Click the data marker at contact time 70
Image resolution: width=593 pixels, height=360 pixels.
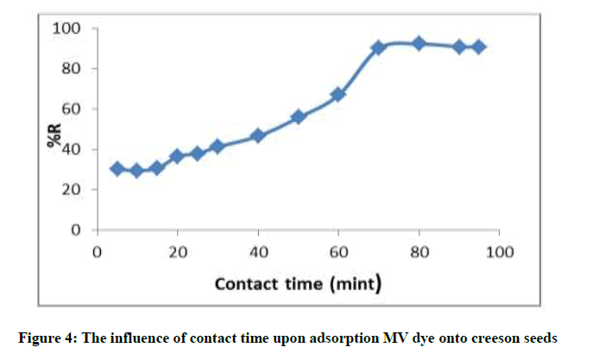pos(378,47)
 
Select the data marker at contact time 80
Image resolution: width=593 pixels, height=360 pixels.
pos(419,43)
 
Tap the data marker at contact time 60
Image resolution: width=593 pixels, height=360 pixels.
pos(338,94)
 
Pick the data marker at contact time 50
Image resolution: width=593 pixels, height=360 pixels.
pos(298,117)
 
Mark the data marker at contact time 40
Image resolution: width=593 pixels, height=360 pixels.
pos(257,136)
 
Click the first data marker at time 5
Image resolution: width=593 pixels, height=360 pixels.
pos(117,168)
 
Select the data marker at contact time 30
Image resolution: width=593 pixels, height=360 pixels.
pos(218,147)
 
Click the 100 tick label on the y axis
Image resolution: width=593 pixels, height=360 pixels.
pos(66,29)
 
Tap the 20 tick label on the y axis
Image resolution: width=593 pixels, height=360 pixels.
pos(70,190)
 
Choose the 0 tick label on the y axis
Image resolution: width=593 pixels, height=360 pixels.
pos(74,231)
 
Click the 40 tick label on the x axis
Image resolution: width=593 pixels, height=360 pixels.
pos(257,252)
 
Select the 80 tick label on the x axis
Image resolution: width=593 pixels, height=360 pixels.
pos(419,252)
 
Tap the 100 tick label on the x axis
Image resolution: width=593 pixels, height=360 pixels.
pos(500,252)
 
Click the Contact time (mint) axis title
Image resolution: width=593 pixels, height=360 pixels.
pos(298,282)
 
